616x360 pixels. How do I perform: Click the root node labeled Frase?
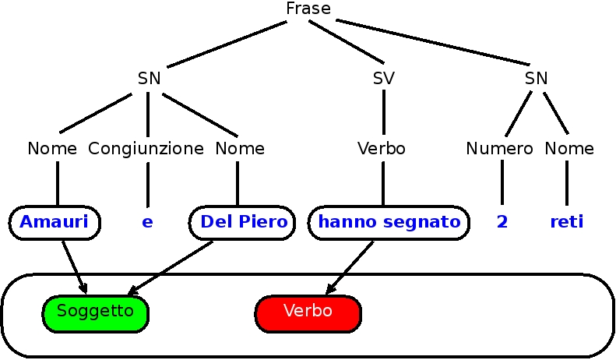point(308,9)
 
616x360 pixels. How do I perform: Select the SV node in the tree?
point(383,78)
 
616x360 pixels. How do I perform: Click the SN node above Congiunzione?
point(149,78)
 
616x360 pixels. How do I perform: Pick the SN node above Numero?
point(536,78)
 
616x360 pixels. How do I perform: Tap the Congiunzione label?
point(146,148)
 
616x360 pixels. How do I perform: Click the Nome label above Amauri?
point(52,148)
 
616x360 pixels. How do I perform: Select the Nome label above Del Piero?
point(240,148)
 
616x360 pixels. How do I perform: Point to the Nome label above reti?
point(569,148)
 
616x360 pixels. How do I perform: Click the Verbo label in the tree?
point(381,148)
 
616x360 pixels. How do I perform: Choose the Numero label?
point(499,148)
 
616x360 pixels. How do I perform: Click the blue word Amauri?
point(55,222)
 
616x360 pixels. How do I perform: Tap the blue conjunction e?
point(147,222)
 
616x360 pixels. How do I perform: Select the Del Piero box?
point(243,222)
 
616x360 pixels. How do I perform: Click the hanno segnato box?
point(389,222)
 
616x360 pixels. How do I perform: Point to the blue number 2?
point(502,222)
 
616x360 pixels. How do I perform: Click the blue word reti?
point(567,222)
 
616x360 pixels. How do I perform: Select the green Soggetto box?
point(95,312)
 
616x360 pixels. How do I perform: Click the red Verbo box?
point(308,312)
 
